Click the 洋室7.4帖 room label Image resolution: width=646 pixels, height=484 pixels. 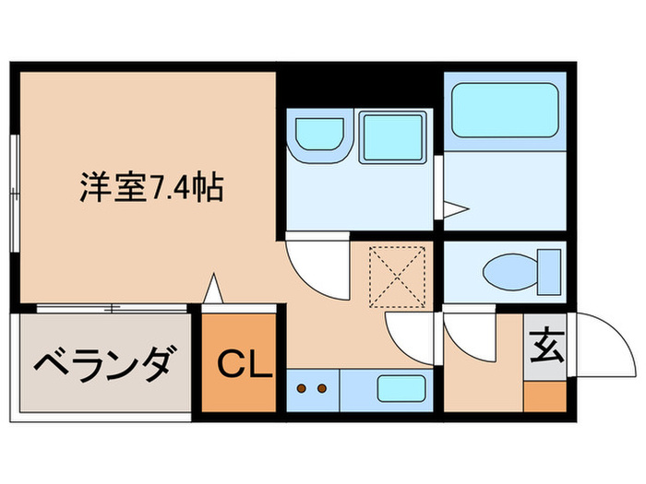(x=150, y=191)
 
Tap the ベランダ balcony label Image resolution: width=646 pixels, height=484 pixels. (x=102, y=365)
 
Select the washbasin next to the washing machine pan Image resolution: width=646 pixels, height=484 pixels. (x=318, y=136)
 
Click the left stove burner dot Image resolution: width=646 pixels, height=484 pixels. (x=303, y=388)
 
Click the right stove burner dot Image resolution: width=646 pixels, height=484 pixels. (x=322, y=388)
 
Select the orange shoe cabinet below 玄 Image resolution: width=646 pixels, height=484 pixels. (x=544, y=394)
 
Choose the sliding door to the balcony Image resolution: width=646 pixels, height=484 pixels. (x=111, y=306)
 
